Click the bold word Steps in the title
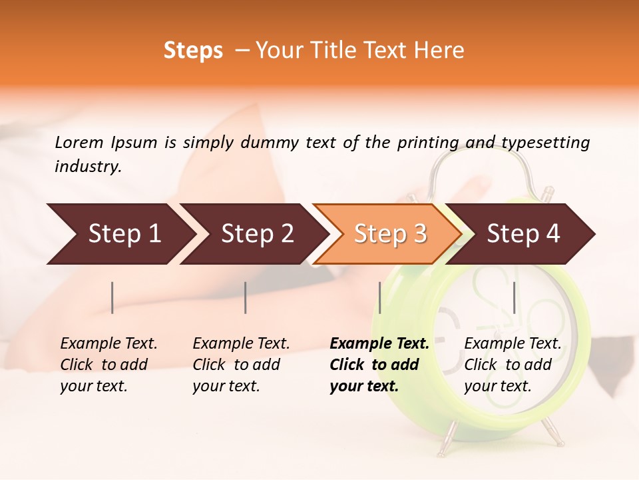click(x=193, y=51)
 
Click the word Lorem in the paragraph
click(x=79, y=142)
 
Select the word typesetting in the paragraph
click(x=545, y=143)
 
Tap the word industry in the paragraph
click(x=87, y=166)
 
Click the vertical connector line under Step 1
click(x=112, y=297)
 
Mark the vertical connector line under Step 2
click(x=246, y=297)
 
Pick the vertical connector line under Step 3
click(x=379, y=297)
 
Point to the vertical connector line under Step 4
click(x=514, y=297)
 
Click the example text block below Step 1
click(x=108, y=365)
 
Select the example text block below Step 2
click(x=241, y=365)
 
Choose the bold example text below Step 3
click(x=379, y=365)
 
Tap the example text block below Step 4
click(x=513, y=365)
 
